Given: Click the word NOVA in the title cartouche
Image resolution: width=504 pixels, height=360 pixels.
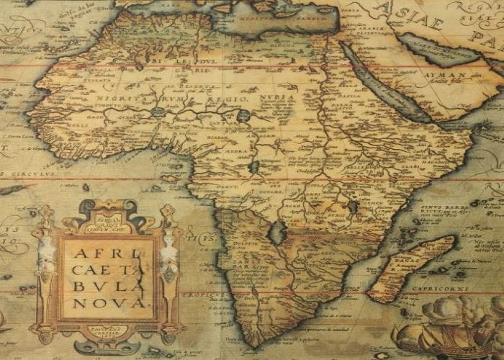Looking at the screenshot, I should [x=106, y=303].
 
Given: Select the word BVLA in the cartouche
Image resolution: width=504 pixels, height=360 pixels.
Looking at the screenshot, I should [x=105, y=287].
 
